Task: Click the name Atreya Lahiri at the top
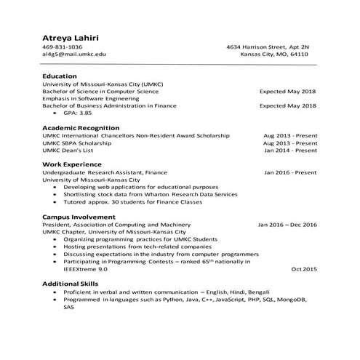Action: point(71,36)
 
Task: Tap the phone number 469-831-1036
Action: point(63,47)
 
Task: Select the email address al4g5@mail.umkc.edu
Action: point(74,55)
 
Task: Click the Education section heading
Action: point(60,76)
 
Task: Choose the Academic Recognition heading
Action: point(81,127)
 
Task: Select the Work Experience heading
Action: point(72,165)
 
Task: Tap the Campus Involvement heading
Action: point(79,217)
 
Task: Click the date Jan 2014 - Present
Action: point(290,151)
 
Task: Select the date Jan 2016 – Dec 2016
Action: point(287,225)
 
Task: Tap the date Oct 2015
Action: point(304,269)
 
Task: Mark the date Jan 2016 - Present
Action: point(290,172)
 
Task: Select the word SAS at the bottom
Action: point(69,307)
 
